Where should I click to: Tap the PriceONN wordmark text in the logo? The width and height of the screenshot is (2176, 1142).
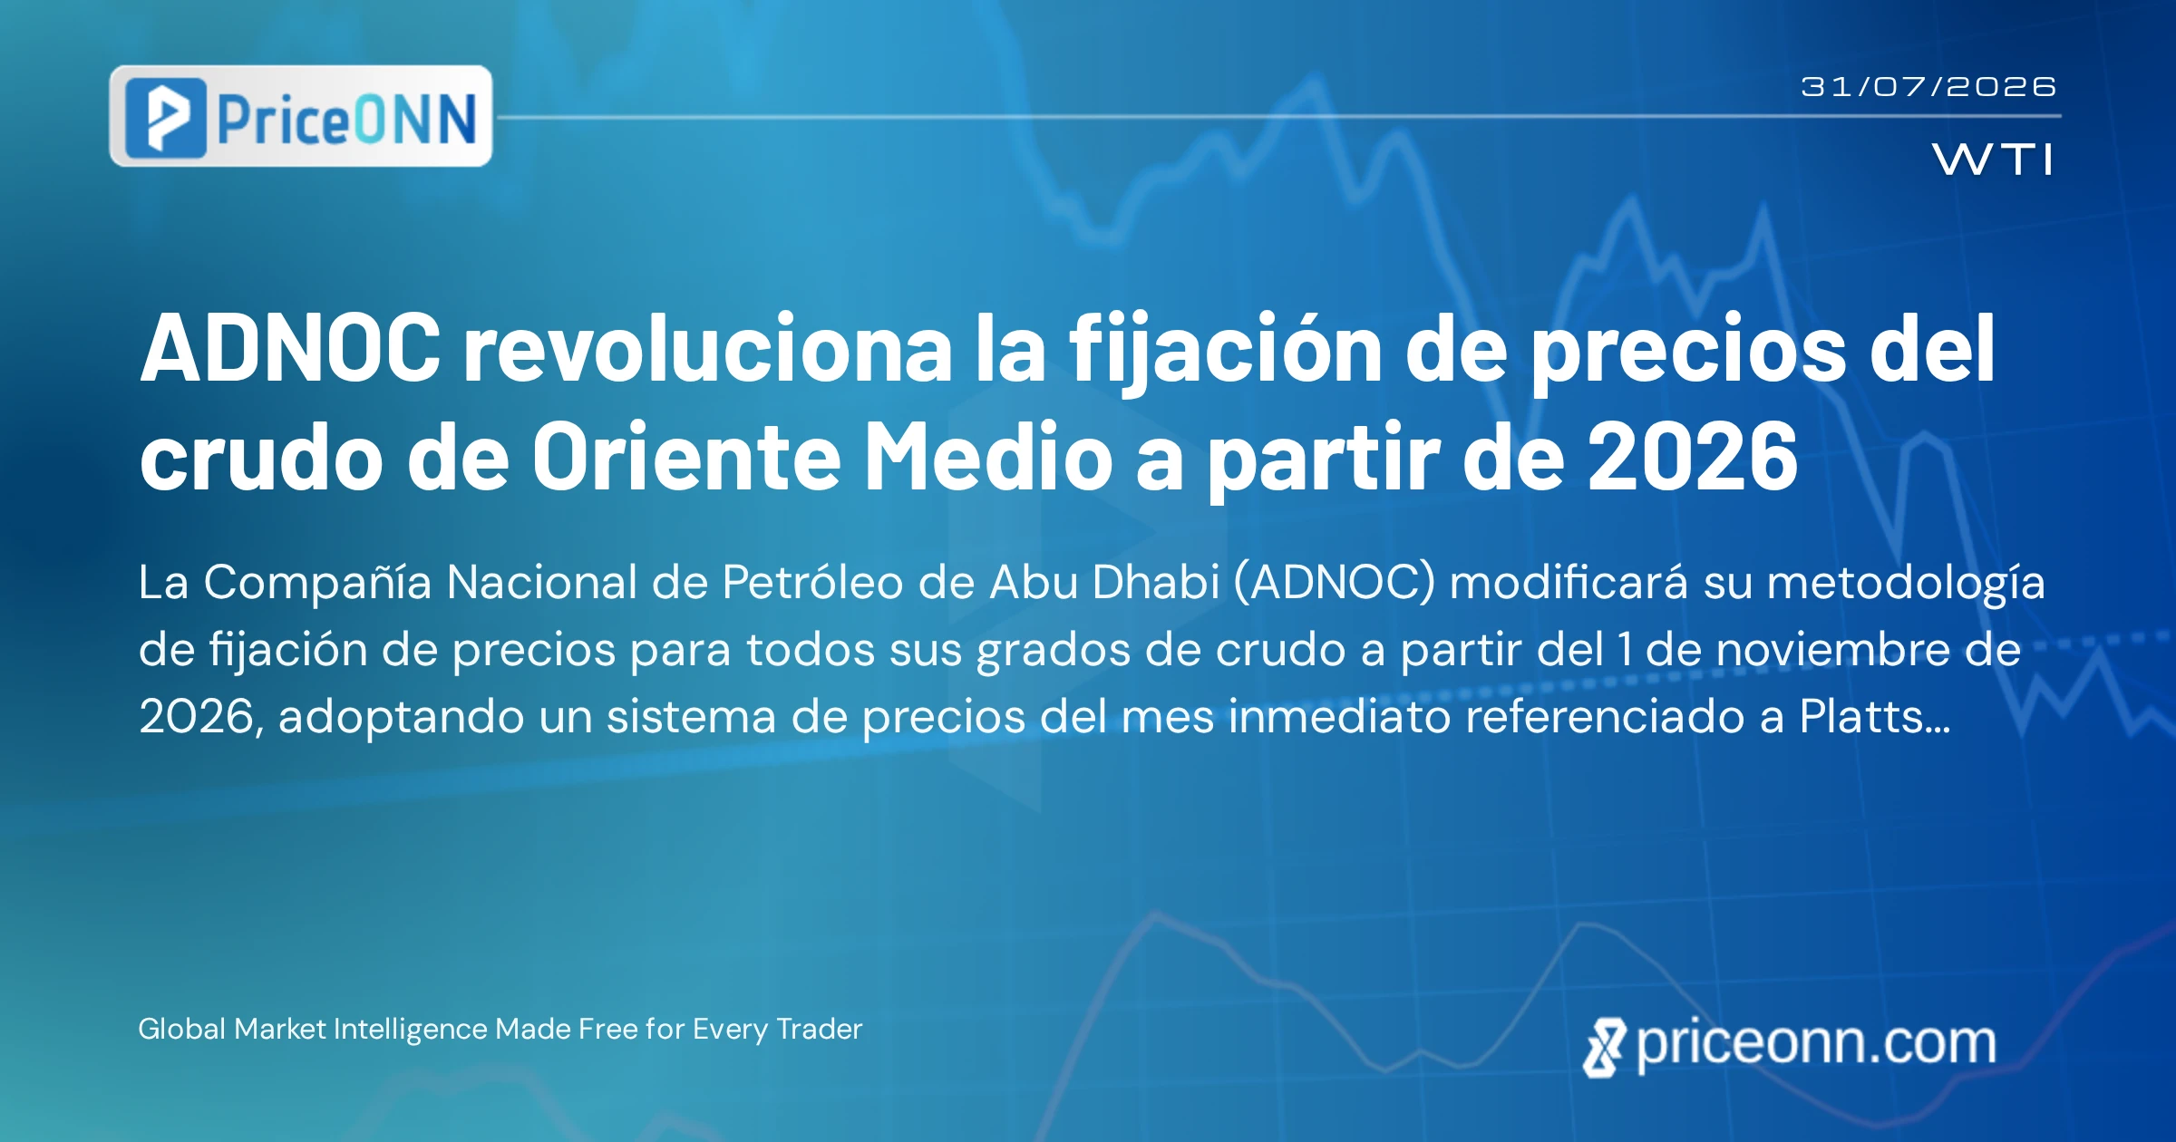[347, 120]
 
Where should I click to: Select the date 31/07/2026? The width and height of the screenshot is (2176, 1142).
[1928, 87]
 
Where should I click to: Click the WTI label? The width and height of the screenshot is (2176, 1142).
[1992, 160]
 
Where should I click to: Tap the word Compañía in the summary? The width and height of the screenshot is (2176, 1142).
[317, 582]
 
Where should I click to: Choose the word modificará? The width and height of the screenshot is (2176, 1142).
[1569, 582]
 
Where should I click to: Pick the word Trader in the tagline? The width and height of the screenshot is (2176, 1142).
[820, 1029]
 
